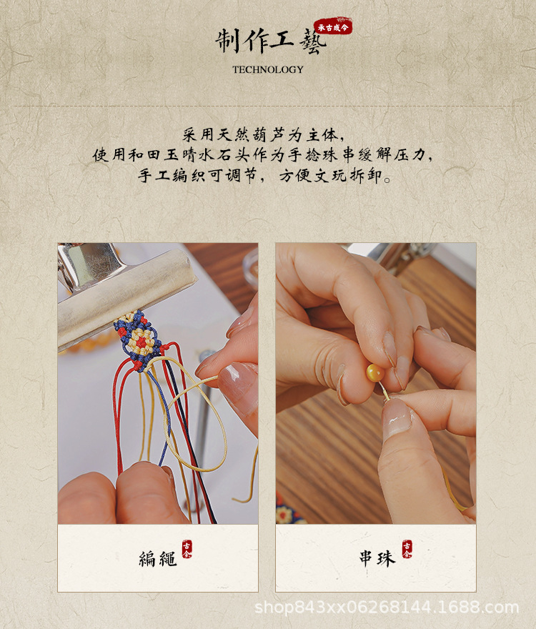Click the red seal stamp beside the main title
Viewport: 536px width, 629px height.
click(332, 26)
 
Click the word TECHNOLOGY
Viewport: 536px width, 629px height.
click(267, 69)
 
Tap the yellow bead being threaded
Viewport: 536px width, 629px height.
click(375, 372)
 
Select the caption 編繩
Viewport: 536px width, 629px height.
click(158, 558)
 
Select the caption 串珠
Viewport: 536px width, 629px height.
click(377, 558)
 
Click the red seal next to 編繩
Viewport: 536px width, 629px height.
click(187, 549)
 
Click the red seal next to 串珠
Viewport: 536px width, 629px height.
click(407, 549)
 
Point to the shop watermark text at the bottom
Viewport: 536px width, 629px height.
click(387, 608)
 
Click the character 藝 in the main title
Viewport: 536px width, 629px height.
click(312, 41)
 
